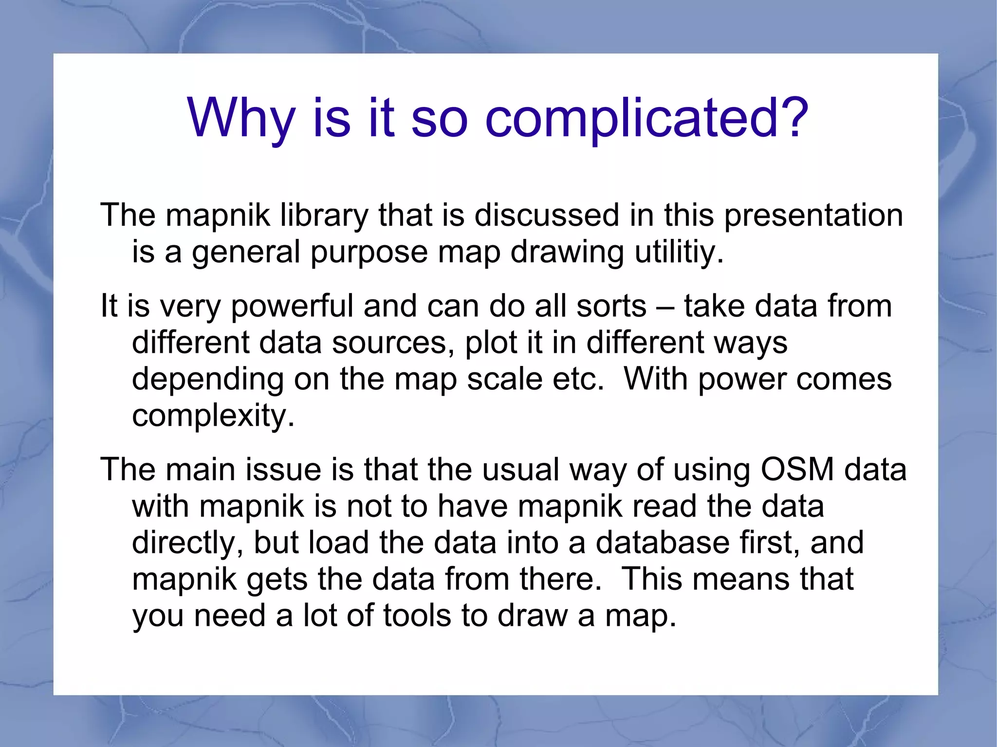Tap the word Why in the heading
point(241,118)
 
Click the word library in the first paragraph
point(324,216)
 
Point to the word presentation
point(813,216)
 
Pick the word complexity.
point(213,416)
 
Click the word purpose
point(369,253)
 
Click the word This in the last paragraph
point(651,580)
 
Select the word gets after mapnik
point(277,580)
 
